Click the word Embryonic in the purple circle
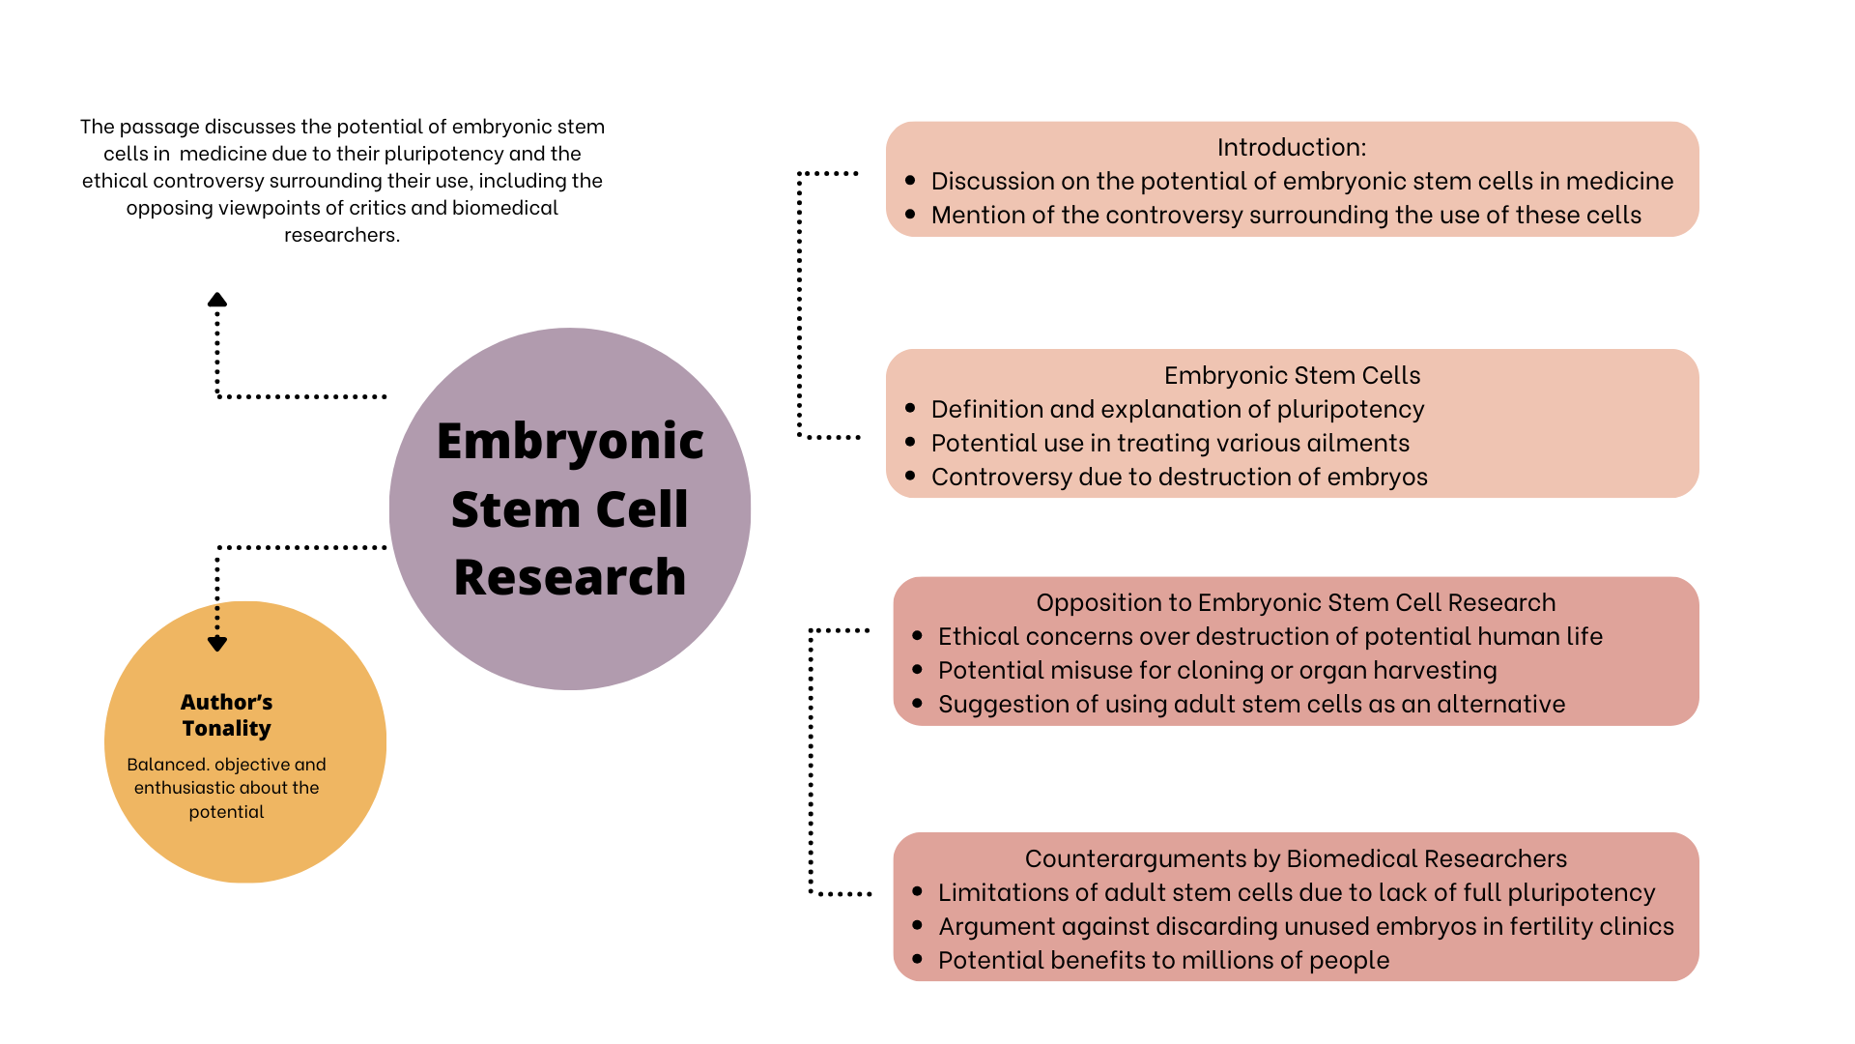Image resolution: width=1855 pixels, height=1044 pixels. click(570, 442)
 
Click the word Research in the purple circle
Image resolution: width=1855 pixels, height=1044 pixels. click(570, 577)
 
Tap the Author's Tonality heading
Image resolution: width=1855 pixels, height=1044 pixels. click(227, 715)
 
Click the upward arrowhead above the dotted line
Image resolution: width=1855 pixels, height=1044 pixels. click(217, 300)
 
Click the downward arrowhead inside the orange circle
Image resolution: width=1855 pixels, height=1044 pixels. click(217, 644)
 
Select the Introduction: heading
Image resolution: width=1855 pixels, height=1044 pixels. click(1292, 147)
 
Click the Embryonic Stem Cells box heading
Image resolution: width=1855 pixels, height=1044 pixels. click(1292, 375)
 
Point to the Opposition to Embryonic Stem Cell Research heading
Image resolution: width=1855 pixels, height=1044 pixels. click(1296, 602)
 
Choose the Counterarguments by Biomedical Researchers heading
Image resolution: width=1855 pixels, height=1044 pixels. click(1296, 858)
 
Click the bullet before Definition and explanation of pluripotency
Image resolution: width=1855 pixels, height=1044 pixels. click(910, 409)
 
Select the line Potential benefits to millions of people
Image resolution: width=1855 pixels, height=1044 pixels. click(1163, 960)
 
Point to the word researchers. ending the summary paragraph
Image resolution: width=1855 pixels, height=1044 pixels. click(342, 235)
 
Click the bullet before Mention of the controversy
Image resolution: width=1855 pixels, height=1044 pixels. click(910, 215)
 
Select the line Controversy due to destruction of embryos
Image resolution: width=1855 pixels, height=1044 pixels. click(1179, 477)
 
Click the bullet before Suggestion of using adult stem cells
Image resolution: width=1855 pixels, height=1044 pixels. click(918, 704)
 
